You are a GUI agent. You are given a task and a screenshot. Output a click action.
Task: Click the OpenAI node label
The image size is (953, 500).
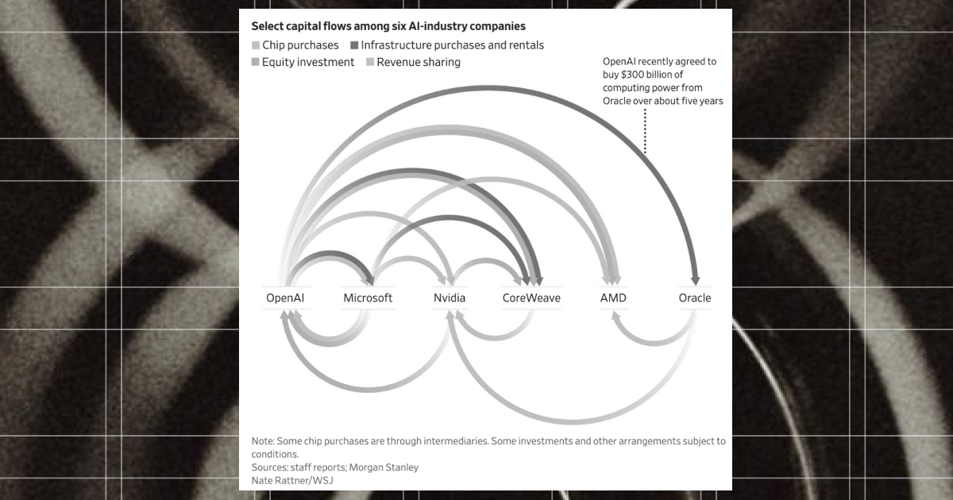[285, 298]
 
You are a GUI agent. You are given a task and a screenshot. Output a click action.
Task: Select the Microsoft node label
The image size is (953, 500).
[368, 298]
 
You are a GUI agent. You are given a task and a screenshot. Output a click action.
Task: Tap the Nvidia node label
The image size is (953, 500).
[449, 298]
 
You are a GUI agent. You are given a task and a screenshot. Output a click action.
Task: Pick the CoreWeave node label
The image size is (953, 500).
[531, 298]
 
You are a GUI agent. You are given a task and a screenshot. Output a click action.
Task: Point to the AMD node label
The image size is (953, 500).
[613, 298]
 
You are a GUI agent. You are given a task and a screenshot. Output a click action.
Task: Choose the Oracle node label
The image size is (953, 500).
[695, 298]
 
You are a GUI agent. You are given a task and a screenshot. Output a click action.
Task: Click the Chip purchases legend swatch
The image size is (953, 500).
[256, 45]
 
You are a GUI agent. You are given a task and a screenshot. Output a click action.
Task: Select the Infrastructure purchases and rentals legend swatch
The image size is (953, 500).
[354, 45]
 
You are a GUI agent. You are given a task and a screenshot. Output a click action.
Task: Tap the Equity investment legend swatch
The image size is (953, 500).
[256, 62]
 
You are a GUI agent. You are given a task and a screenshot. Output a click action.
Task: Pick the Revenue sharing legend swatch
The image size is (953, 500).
[370, 62]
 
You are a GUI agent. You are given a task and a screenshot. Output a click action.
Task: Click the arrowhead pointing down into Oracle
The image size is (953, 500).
[696, 279]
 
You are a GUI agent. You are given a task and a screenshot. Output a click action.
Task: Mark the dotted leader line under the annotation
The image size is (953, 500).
[645, 131]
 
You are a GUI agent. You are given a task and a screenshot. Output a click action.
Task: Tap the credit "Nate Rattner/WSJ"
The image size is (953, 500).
[291, 480]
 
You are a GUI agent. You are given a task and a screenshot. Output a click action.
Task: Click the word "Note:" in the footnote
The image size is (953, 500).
[262, 440]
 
